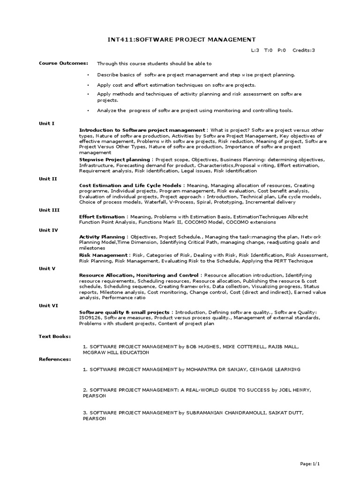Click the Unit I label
pyautogui.click(x=46, y=123)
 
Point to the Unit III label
pyautogui.click(x=49, y=210)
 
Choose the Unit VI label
pyautogui.click(x=48, y=305)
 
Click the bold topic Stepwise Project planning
pyautogui.click(x=115, y=159)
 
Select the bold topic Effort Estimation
pyautogui.click(x=102, y=217)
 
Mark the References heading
pyautogui.click(x=55, y=359)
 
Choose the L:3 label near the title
pyautogui.click(x=254, y=50)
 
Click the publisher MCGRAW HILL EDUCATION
pyautogui.click(x=115, y=352)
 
